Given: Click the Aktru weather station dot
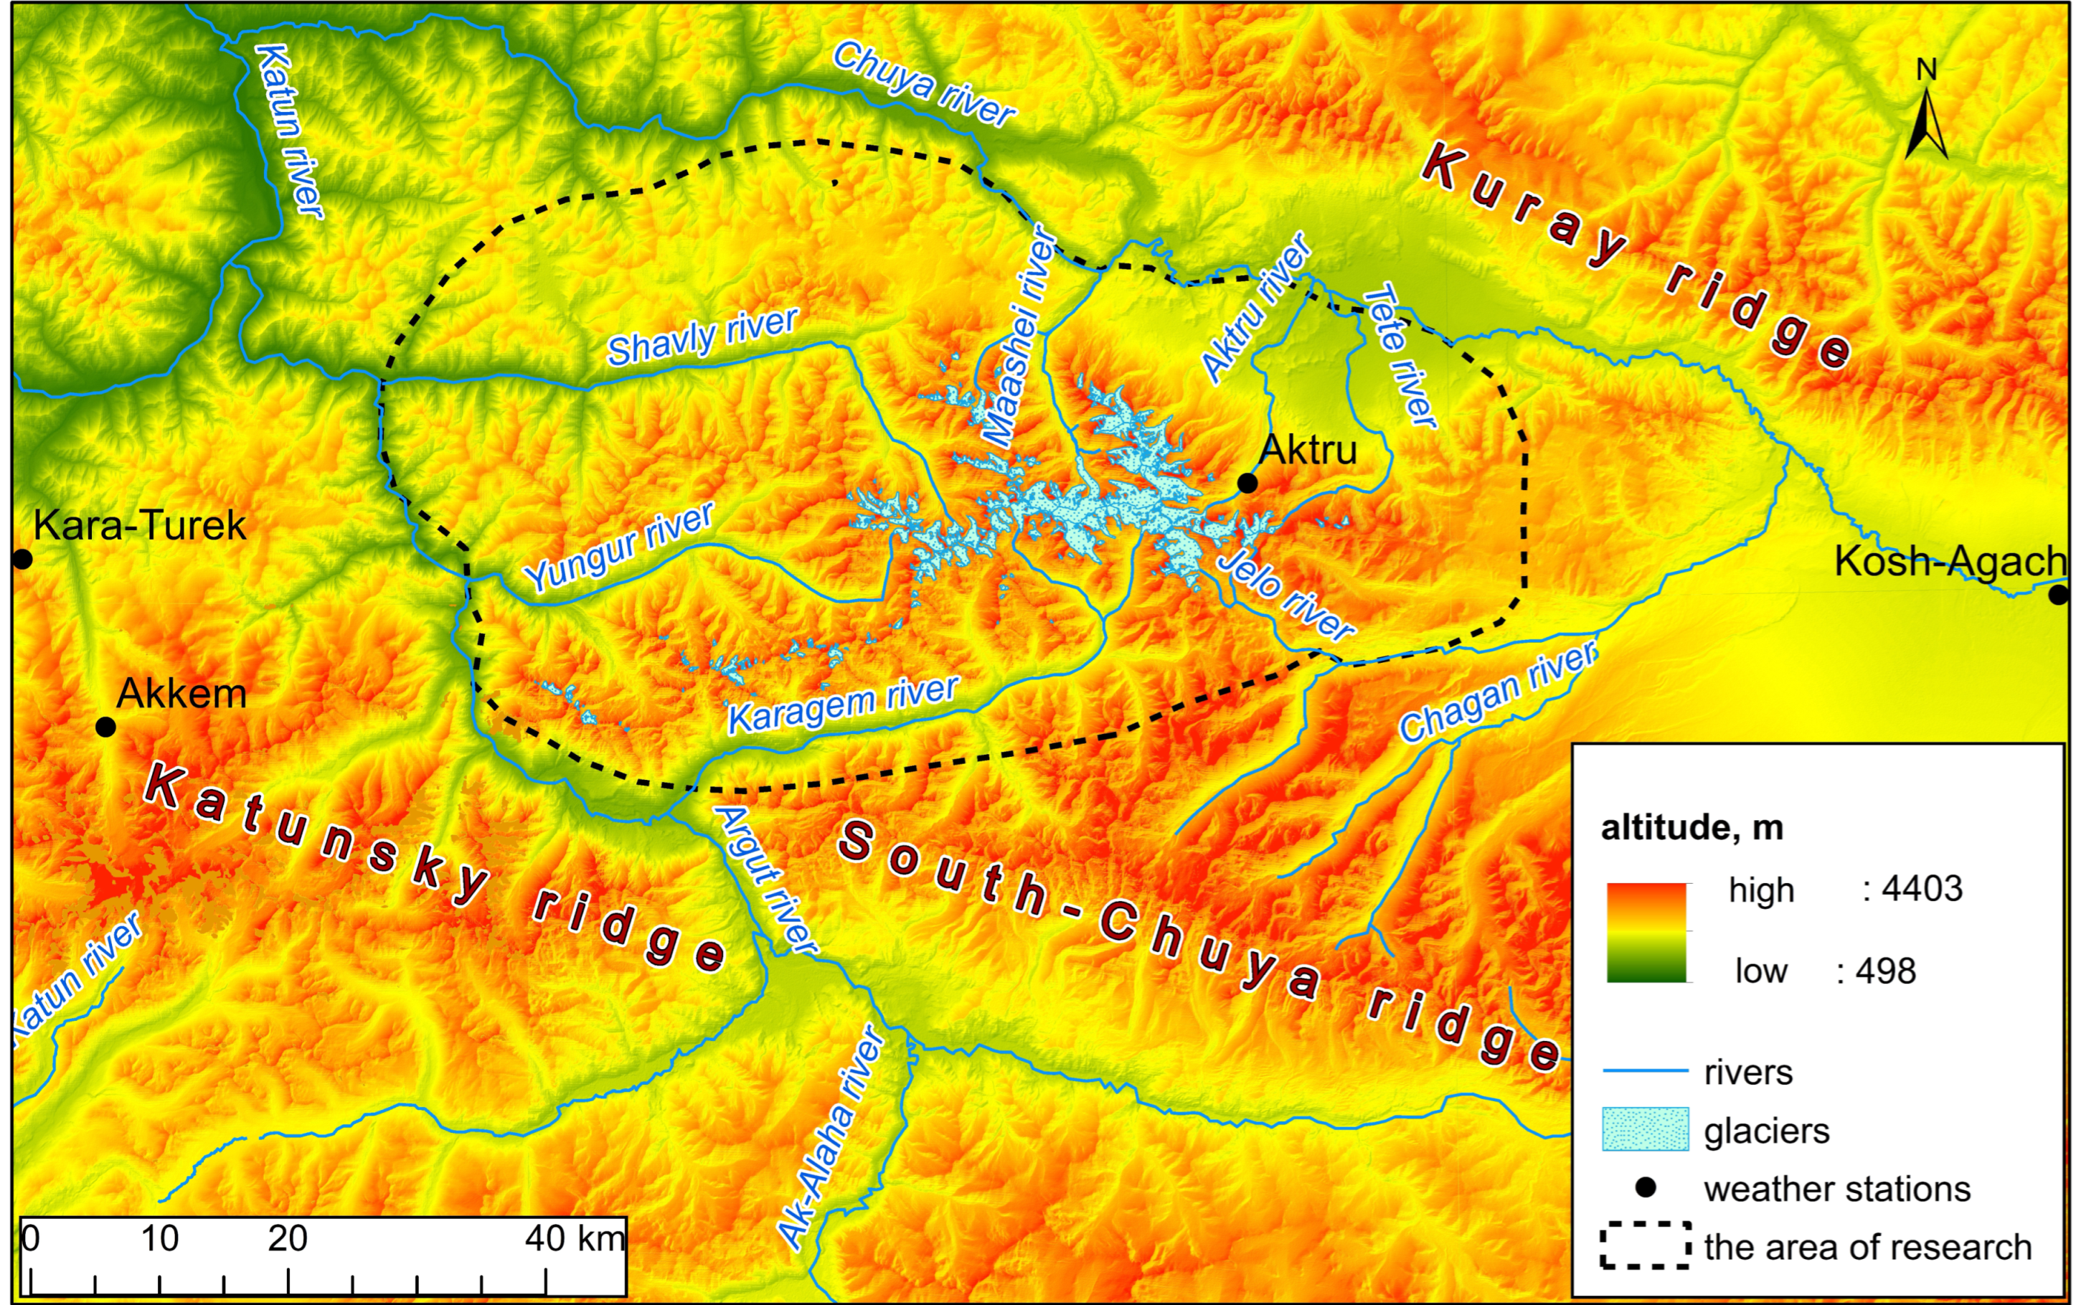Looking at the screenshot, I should click(x=1247, y=484).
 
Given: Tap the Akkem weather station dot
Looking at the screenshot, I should click(x=105, y=727).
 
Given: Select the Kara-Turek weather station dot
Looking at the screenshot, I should click(x=22, y=560).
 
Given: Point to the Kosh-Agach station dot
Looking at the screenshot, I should click(x=2059, y=594).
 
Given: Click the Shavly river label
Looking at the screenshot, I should click(x=702, y=336).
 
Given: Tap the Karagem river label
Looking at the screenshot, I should click(x=843, y=705).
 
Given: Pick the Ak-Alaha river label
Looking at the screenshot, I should click(x=830, y=1139).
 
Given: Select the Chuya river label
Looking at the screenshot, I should click(x=924, y=85).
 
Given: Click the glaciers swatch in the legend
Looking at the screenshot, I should click(x=1645, y=1130).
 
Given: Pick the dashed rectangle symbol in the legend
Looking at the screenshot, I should click(x=1645, y=1245).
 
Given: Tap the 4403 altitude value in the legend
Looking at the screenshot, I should click(x=1922, y=889).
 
